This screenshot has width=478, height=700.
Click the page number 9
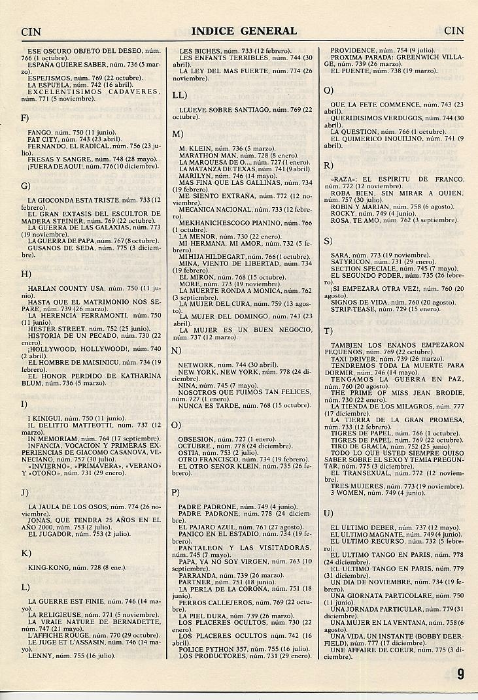pos(461,674)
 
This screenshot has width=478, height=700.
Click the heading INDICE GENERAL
pos(244,31)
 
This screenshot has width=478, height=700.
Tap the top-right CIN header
pos(453,31)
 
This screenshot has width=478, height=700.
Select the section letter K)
pos(26,553)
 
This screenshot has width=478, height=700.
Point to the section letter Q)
pos(328,90)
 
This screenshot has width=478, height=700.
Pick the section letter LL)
pos(179,95)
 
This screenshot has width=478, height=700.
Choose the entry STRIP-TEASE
pos(352,308)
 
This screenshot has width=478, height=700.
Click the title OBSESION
pos(196,439)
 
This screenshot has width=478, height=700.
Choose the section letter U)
pos(328,513)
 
